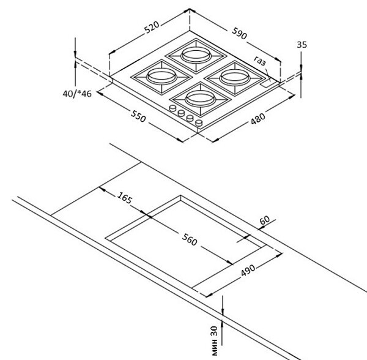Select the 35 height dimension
[x=301, y=45]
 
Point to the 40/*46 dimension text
[x=76, y=94]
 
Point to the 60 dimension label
[x=264, y=219]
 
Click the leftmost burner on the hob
[x=158, y=77]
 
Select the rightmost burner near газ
[x=232, y=76]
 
